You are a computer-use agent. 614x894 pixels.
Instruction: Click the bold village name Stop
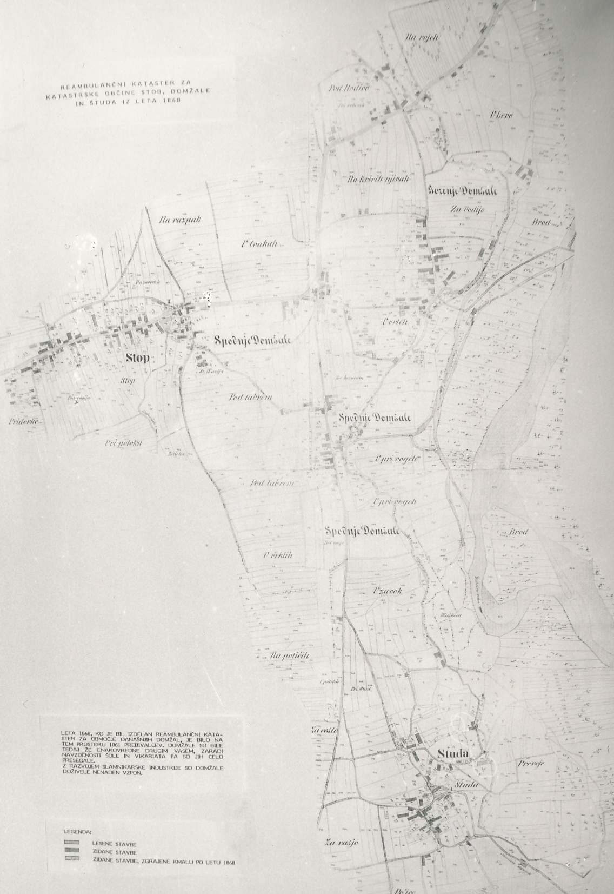coord(138,357)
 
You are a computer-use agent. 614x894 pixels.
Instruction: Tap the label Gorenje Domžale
coord(462,191)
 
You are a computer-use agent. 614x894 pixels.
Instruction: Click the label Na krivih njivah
coord(378,178)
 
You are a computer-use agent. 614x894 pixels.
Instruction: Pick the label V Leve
coord(501,116)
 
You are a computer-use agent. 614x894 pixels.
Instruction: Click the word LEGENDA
coord(77,829)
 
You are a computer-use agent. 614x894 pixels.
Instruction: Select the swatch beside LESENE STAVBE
coord(71,843)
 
